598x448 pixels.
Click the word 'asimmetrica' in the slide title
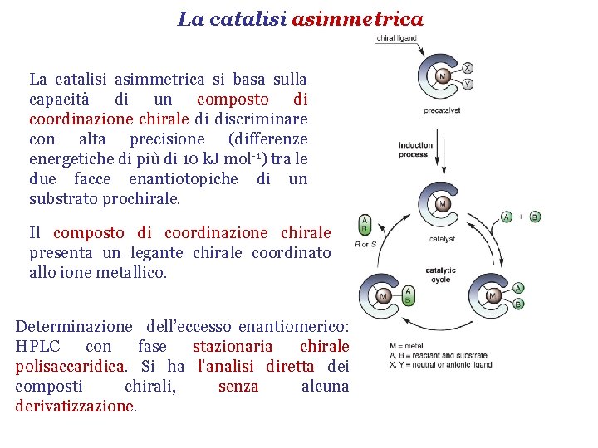[357, 18]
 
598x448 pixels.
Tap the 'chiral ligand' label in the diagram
[396, 38]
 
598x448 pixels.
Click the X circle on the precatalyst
[468, 68]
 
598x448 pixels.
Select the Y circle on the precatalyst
[468, 84]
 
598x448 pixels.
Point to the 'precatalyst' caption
[442, 110]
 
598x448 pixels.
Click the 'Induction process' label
[415, 149]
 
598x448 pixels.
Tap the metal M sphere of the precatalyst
[443, 76]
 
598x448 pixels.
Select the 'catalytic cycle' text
[440, 275]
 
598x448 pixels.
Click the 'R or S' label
[365, 245]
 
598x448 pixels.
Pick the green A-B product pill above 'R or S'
[364, 224]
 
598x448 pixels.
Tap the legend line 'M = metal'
[406, 346]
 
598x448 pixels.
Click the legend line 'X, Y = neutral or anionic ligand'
[440, 364]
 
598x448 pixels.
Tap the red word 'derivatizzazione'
[74, 407]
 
